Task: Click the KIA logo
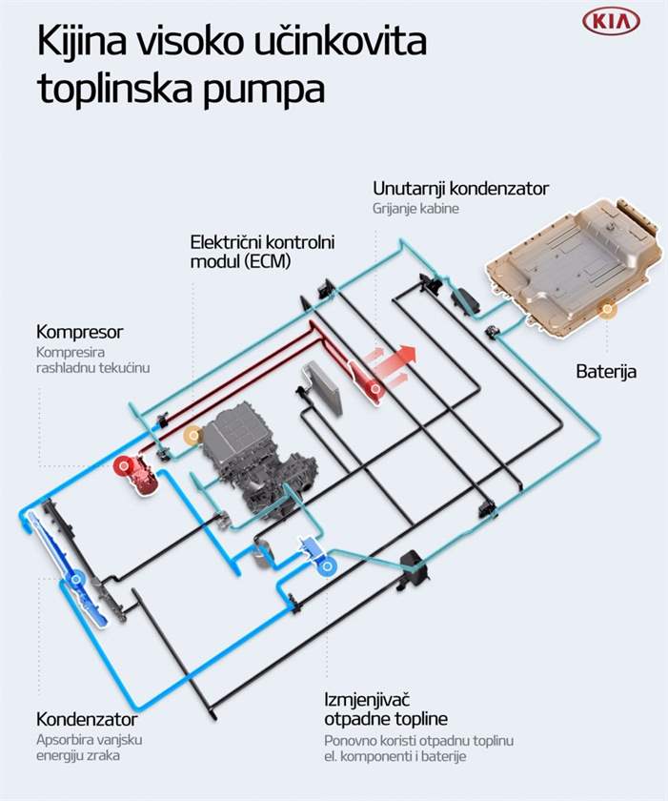[x=611, y=23]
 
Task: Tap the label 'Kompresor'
[x=80, y=332]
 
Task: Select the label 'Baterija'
[x=606, y=371]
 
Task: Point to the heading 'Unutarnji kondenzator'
[x=461, y=189]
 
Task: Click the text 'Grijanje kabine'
[x=415, y=209]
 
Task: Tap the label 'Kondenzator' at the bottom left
[x=87, y=719]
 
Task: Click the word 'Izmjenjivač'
[x=368, y=700]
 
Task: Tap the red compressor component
[x=143, y=475]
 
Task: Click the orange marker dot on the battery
[x=607, y=309]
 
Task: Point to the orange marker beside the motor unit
[x=192, y=436]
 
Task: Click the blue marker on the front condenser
[x=76, y=579]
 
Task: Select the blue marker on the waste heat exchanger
[x=327, y=566]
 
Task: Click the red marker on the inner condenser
[x=376, y=389]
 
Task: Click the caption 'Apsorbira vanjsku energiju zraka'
[x=90, y=748]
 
